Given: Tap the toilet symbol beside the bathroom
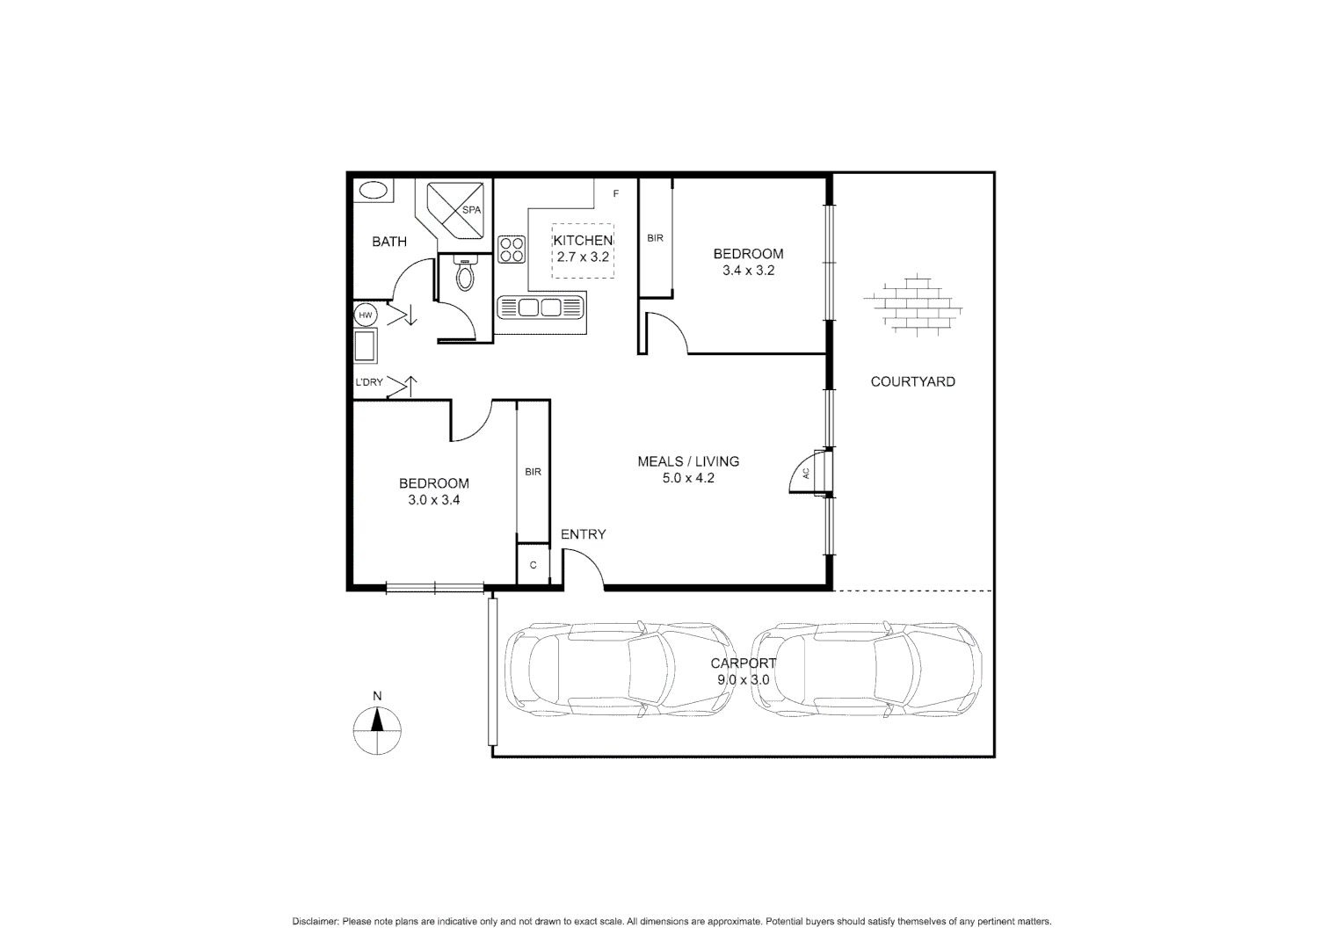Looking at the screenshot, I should (465, 276).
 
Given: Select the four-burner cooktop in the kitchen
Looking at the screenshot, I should (512, 250).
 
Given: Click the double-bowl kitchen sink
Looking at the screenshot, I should (541, 308).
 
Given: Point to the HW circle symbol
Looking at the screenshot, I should (365, 315).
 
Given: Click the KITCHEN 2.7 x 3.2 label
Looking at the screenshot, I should (583, 249).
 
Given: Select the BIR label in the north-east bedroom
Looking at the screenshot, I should (655, 238).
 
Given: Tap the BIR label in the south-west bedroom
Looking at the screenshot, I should (533, 472).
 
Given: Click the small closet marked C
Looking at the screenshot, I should (533, 565).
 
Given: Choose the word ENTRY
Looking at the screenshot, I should (583, 534).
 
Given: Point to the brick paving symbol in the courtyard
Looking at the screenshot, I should (913, 304).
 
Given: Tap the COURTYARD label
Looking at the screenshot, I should (912, 381).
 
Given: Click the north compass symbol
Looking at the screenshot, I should (378, 730).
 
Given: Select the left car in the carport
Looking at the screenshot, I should (619, 669).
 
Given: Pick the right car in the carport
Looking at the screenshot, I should (866, 669).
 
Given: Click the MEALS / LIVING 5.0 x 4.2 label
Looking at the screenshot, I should (687, 469).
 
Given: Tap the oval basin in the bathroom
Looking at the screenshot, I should (374, 191).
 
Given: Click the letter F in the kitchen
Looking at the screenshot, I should (615, 193).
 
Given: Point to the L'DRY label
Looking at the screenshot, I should (368, 382).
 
